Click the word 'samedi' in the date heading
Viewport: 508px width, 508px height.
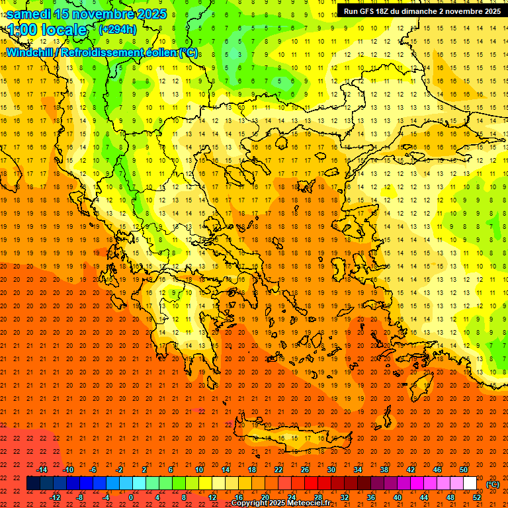click(30, 14)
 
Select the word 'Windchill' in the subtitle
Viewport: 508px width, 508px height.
click(29, 52)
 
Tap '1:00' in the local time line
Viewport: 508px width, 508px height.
click(21, 30)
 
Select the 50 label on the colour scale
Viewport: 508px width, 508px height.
click(464, 470)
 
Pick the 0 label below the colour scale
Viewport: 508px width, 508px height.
click(131, 497)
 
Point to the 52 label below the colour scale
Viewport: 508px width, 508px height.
click(477, 497)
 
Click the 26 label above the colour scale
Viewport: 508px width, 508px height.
click(305, 470)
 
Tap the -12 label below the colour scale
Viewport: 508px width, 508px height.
click(55, 497)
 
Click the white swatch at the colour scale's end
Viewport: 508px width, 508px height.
click(470, 484)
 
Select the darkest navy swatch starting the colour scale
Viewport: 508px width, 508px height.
click(33, 484)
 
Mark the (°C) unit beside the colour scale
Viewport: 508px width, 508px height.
click(493, 484)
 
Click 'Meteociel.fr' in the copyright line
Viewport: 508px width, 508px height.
click(310, 503)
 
